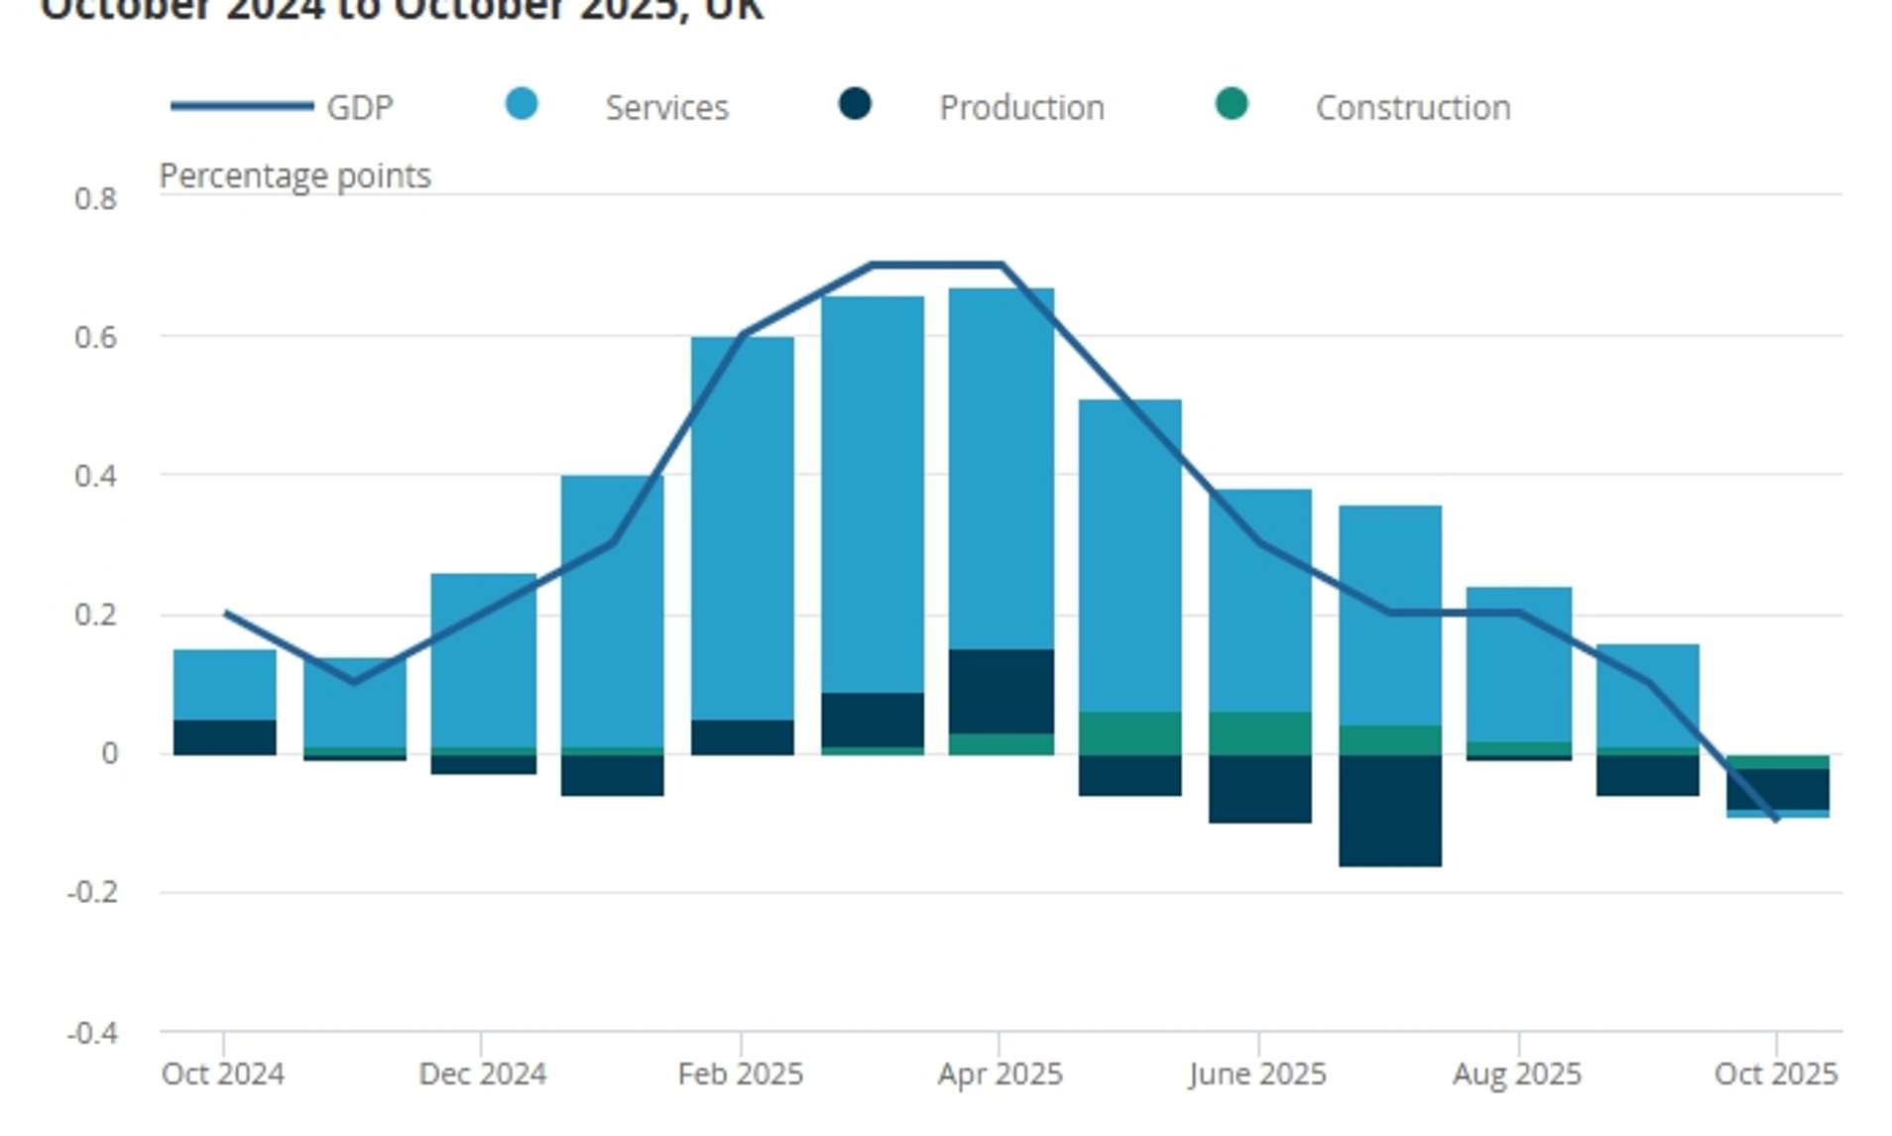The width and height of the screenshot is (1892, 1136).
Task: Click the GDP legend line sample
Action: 242,106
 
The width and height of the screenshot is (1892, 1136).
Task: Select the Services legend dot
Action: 522,104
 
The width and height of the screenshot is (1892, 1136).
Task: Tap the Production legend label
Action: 1021,107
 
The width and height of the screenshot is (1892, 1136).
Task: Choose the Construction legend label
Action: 1412,107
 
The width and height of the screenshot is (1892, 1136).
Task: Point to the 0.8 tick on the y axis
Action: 95,198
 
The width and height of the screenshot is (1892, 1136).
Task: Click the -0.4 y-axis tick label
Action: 92,1033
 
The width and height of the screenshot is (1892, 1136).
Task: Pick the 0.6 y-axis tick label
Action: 95,337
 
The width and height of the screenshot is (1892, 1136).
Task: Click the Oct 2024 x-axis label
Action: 223,1074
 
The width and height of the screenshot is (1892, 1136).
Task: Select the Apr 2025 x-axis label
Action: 1000,1074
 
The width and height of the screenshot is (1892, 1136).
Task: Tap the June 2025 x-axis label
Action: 1257,1074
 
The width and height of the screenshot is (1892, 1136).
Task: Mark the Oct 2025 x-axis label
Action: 1775,1074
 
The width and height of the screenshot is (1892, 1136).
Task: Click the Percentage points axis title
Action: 295,175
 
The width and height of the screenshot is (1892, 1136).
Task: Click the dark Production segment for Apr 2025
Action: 1002,691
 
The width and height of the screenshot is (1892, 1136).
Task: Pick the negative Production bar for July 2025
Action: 1389,810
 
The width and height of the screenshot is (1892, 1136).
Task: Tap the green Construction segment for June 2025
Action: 1259,733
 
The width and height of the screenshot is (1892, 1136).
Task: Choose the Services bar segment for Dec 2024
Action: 483,660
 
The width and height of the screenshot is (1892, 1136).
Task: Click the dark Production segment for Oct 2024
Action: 225,737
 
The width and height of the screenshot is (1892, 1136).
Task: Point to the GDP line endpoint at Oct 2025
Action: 1775,819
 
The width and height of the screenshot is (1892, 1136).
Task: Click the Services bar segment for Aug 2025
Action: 1518,664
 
